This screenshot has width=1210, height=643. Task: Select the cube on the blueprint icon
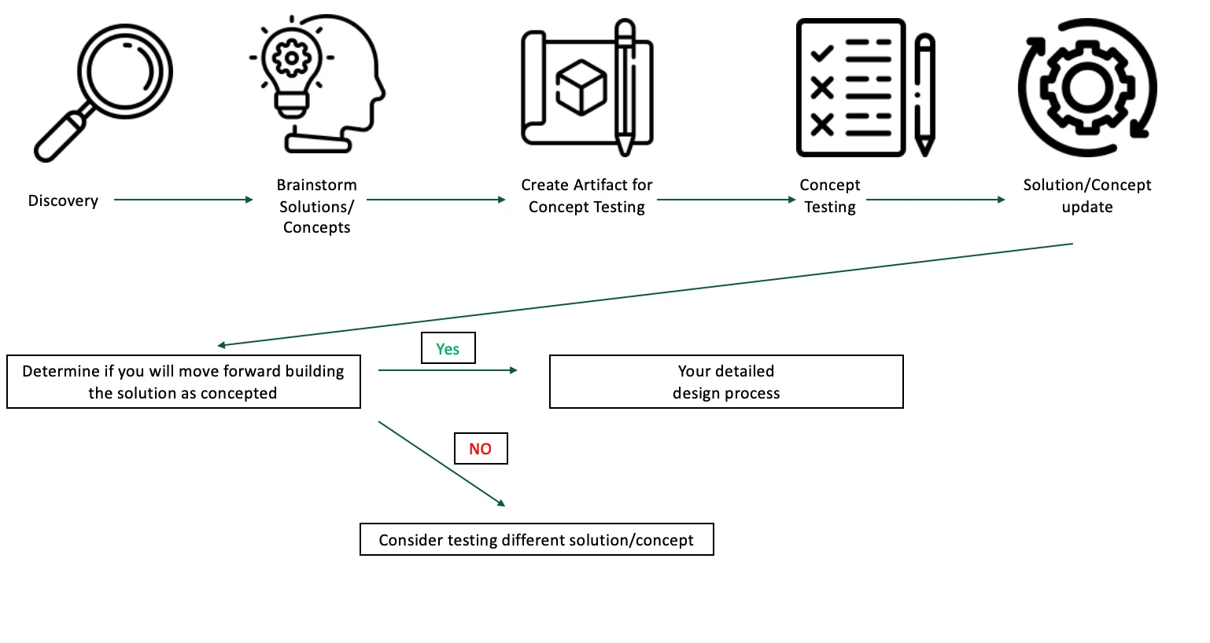581,86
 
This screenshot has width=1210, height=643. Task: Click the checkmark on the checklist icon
822,53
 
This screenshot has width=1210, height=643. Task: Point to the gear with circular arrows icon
1086,87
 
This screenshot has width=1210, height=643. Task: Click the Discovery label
63,200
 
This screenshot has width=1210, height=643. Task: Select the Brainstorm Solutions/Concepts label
316,206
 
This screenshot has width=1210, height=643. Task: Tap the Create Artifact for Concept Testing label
586,196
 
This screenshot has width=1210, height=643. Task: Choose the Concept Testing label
829,196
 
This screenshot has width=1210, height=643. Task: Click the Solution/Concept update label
1086,196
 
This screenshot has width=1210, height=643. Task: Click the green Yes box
448,348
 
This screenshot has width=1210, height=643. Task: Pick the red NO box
481,448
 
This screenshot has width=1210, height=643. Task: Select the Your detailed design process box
725,382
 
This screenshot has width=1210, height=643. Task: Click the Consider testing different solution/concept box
537,539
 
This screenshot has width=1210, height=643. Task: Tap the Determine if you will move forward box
183,382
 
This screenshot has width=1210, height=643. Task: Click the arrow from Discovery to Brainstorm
183,200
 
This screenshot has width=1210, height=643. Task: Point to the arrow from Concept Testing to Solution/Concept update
935,200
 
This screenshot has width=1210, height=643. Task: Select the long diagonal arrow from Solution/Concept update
645,295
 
